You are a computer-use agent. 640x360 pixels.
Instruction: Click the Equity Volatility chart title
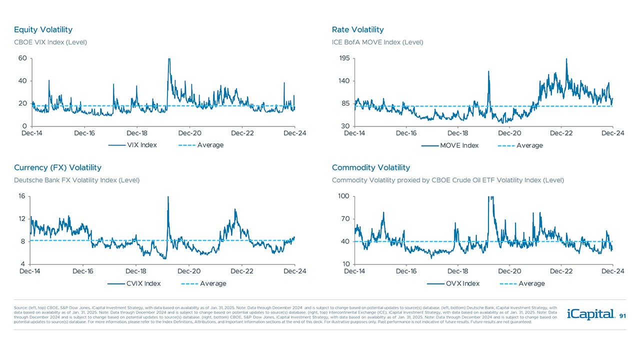click(x=43, y=29)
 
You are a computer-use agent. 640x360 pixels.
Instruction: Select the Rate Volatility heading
click(x=357, y=29)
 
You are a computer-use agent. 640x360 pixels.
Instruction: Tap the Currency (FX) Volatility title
click(x=57, y=167)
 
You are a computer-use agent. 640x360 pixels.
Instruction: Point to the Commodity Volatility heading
click(x=370, y=167)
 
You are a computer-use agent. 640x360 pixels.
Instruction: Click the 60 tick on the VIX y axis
click(x=22, y=58)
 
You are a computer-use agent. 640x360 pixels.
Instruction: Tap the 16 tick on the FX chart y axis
click(x=22, y=196)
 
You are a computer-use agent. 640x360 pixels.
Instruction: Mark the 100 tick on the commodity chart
click(x=343, y=196)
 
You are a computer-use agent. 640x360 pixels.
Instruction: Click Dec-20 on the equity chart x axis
click(x=190, y=133)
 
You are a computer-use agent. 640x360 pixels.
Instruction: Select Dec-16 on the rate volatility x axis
click(x=406, y=133)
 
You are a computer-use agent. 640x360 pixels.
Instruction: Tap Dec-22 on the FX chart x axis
click(x=242, y=271)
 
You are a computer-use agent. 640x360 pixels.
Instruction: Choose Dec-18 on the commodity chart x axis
click(x=458, y=271)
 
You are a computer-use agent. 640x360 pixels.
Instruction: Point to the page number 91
click(x=622, y=316)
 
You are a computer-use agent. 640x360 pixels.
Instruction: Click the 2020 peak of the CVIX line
click(x=168, y=197)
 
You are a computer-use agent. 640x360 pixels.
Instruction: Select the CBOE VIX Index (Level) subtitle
click(x=50, y=42)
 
